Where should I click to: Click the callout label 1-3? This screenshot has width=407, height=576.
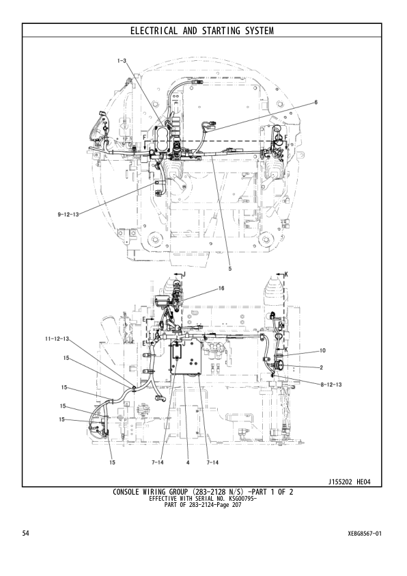[x=122, y=61]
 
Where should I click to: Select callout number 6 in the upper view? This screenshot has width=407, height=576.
[x=315, y=102]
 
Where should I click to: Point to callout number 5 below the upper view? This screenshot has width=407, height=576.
[x=229, y=269]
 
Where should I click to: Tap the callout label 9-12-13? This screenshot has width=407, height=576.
[x=68, y=214]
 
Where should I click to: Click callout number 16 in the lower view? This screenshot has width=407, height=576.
[x=221, y=289]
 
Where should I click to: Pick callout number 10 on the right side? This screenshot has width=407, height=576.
[x=322, y=350]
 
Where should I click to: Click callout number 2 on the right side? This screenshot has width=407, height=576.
[x=321, y=367]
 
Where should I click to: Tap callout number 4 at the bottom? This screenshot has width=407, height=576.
[x=187, y=463]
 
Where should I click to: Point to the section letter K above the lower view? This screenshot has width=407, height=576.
[x=286, y=274]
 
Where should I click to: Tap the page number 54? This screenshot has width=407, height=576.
[x=26, y=532]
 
